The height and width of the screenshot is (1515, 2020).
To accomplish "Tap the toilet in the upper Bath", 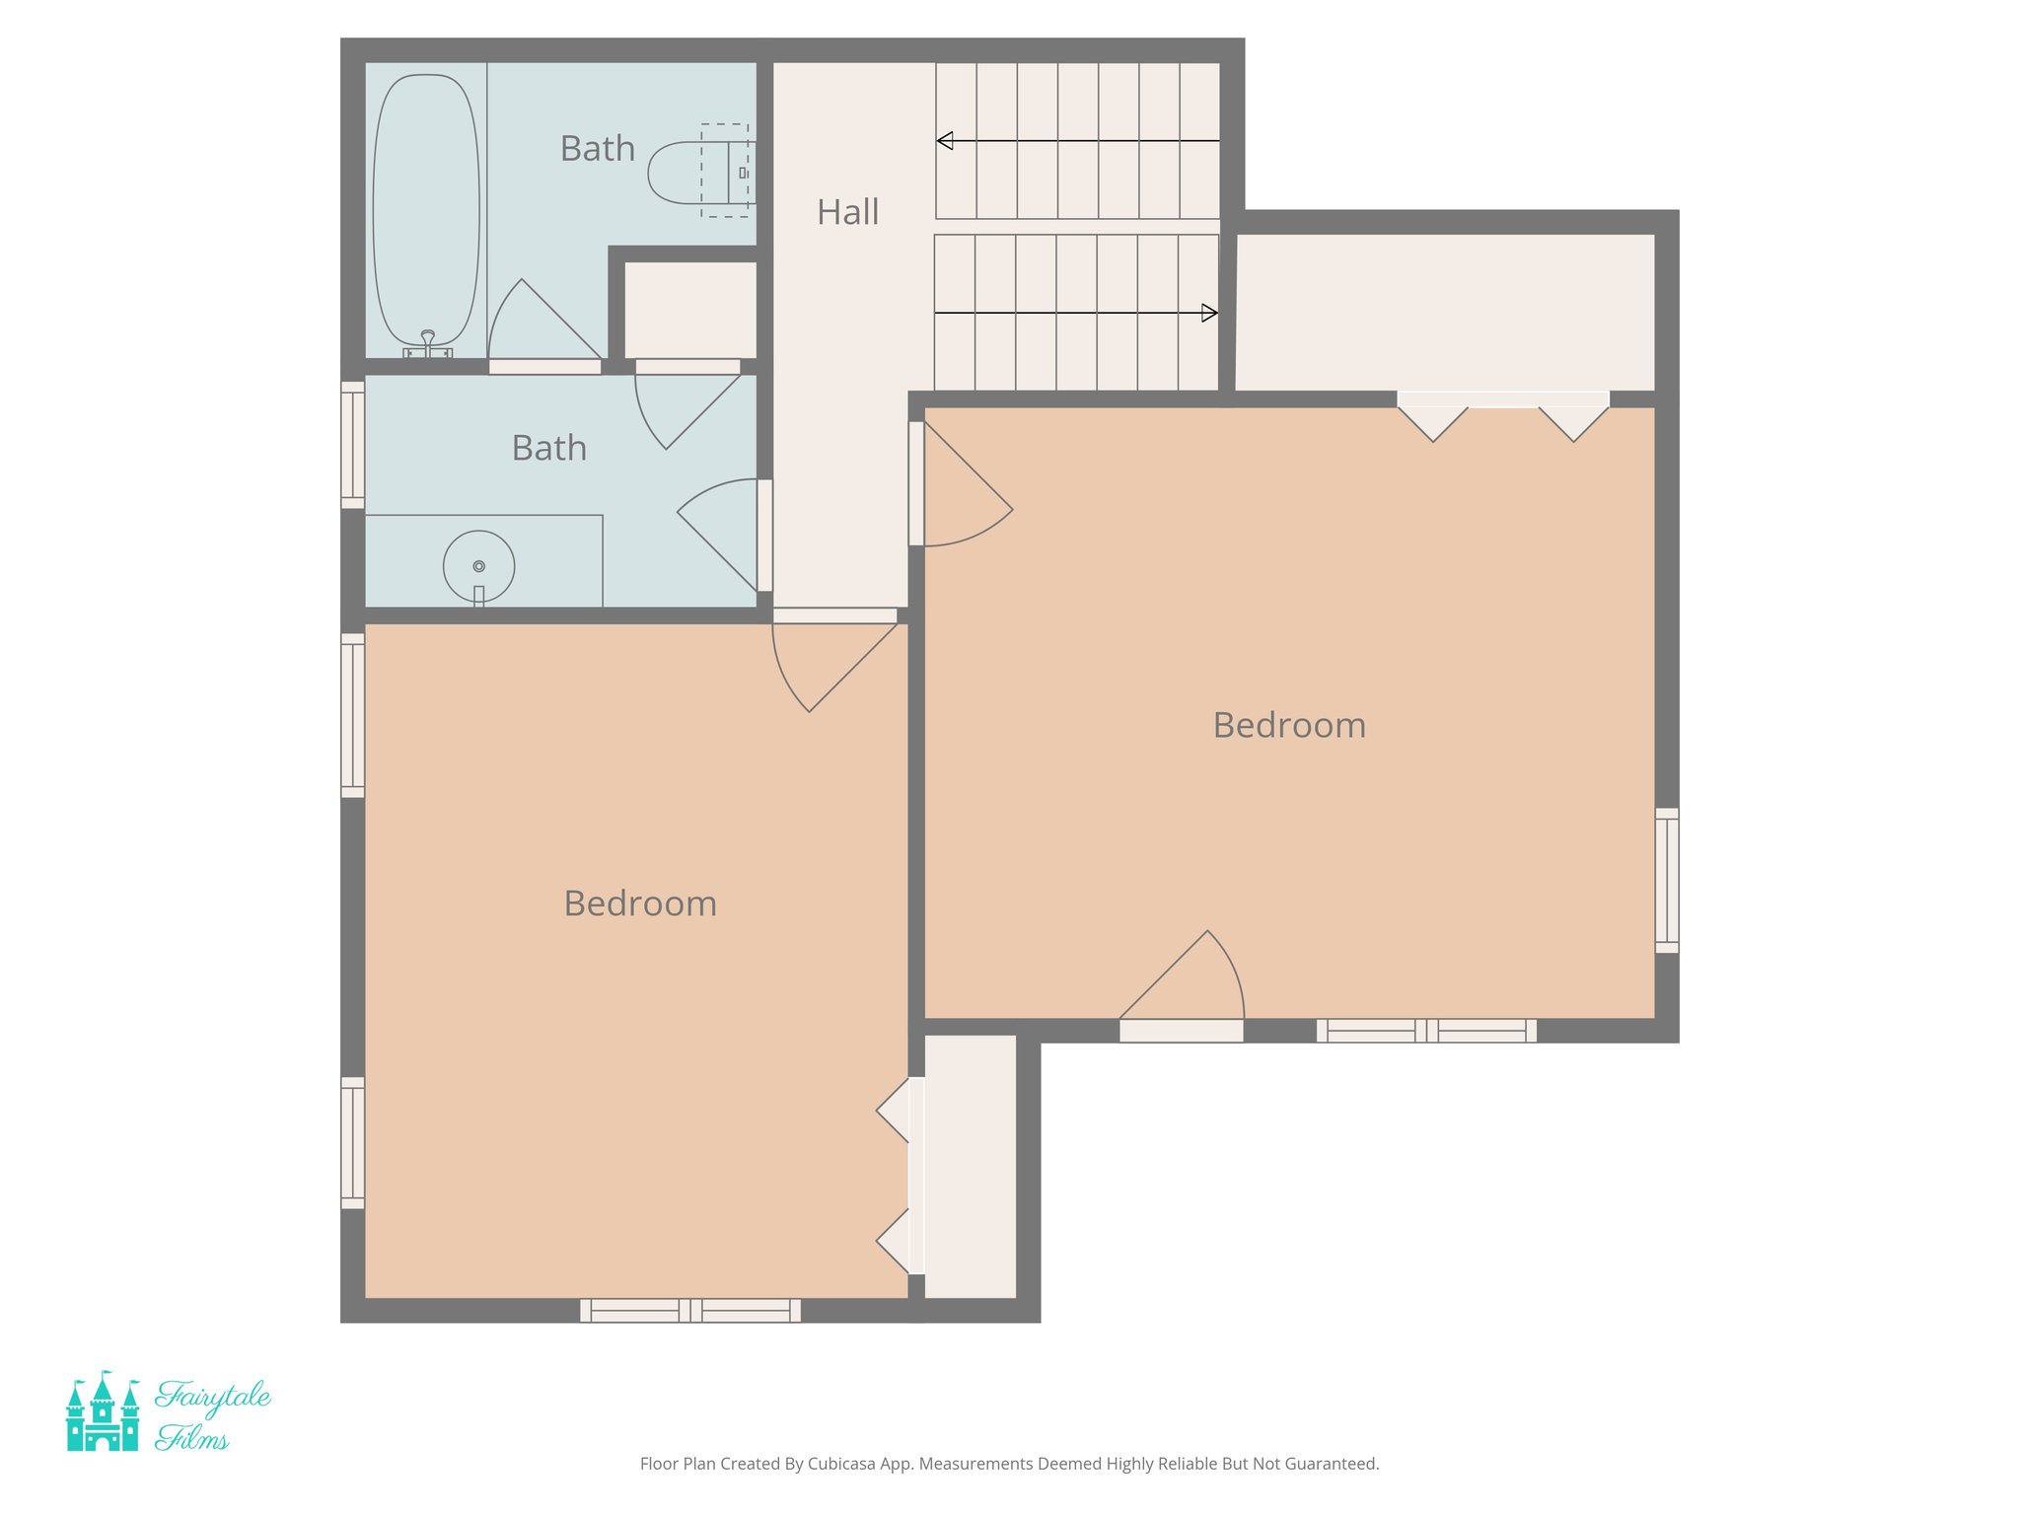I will pos(695,173).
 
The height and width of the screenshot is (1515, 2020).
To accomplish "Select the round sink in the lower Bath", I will pos(478,567).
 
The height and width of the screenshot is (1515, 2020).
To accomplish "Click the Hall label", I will pos(847,212).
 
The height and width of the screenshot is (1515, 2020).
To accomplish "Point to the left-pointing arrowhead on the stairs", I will pos(945,141).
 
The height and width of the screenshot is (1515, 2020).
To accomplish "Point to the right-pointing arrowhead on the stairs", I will pos(1209,314).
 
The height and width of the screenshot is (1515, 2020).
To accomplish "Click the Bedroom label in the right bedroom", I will pos(1288,726).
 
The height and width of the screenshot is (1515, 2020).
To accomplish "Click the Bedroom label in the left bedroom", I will pos(640,903).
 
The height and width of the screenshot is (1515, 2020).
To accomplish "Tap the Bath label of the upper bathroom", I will pos(597,149).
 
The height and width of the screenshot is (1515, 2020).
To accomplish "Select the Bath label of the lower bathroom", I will pos(548,449).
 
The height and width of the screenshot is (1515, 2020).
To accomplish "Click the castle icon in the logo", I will pos(102,1412).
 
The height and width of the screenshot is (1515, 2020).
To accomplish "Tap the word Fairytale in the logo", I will pos(212,1396).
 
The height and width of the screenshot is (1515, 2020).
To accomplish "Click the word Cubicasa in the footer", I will pos(842,1464).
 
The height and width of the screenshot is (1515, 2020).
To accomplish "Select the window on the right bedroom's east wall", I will pos(1666,881).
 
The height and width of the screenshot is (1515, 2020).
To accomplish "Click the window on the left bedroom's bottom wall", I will pos(690,1311).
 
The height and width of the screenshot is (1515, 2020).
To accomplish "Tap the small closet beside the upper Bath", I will pos(690,310).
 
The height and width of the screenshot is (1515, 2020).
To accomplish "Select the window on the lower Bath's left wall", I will pos(352,445).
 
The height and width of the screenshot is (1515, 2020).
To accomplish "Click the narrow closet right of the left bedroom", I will pos(970,1167).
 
